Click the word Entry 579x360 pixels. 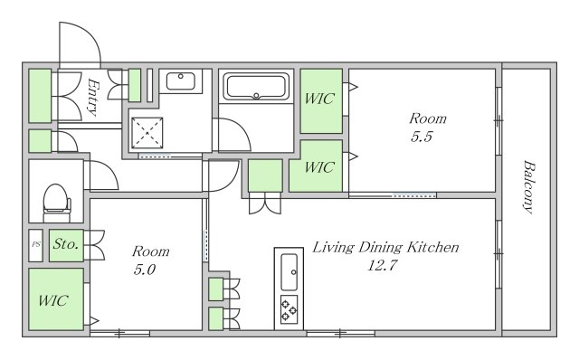(x=93, y=97)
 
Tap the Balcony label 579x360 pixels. (x=529, y=187)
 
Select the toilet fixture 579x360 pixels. (x=56, y=204)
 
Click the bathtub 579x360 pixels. (x=256, y=87)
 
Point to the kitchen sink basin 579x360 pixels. (x=289, y=272)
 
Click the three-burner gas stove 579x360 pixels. (x=289, y=309)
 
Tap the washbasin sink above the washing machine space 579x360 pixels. (x=181, y=81)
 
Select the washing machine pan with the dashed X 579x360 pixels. (x=147, y=133)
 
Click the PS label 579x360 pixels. (x=36, y=244)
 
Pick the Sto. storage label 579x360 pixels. (x=66, y=243)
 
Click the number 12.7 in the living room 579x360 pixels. (x=382, y=265)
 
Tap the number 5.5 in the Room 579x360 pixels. (x=422, y=137)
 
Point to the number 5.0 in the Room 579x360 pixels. (x=145, y=270)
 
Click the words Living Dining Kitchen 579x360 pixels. (x=385, y=247)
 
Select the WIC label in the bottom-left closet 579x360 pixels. (x=53, y=300)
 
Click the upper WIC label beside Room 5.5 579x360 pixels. (x=319, y=99)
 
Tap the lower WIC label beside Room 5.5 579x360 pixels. (x=319, y=167)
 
